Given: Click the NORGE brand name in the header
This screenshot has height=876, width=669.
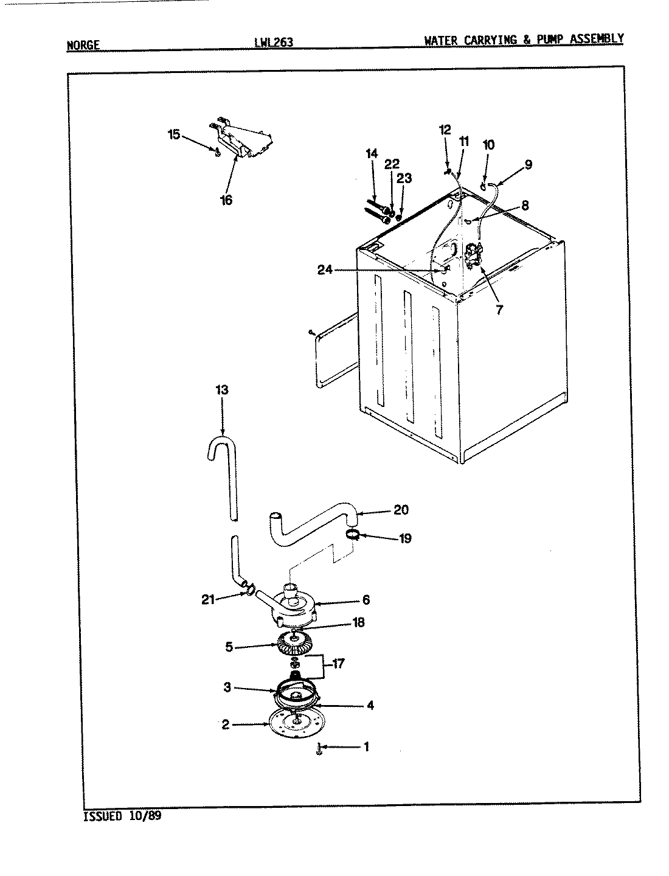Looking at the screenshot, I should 82,44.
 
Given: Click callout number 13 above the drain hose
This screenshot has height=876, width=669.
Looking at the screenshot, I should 222,390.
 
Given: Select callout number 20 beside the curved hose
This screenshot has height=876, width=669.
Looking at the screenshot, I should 401,510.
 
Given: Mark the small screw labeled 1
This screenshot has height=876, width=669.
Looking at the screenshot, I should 319,749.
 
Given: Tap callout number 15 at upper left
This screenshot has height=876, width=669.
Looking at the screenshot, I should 173,134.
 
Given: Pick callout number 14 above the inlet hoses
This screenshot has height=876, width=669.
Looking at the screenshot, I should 372,153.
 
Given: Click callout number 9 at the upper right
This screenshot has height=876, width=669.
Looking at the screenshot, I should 527,164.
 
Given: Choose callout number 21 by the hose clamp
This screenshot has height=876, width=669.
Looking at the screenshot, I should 209,600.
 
